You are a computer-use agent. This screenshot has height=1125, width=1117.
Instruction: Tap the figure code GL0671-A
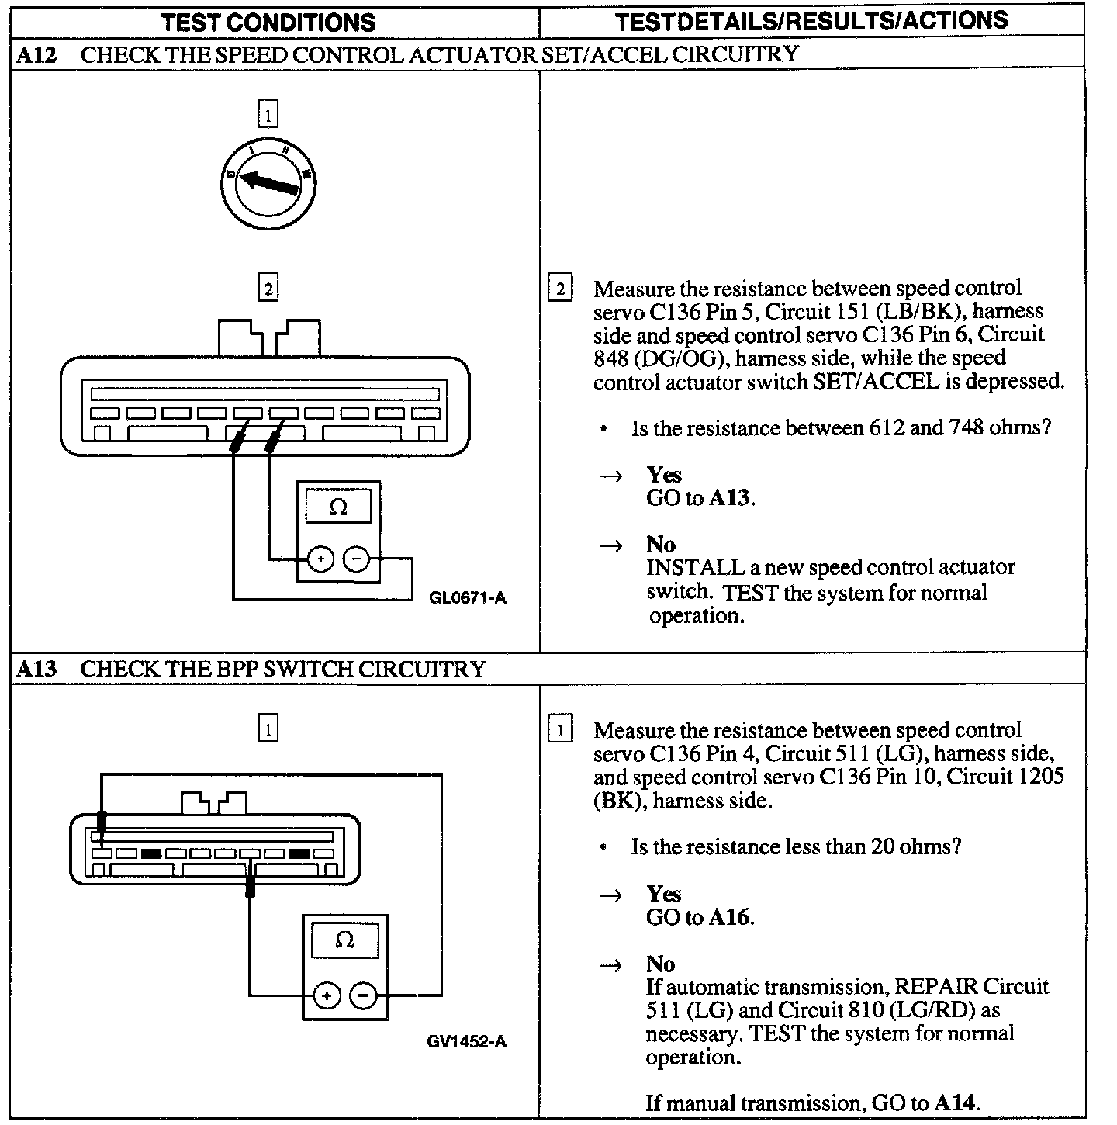(x=467, y=597)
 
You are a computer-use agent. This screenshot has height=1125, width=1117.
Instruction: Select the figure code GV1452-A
(x=466, y=1041)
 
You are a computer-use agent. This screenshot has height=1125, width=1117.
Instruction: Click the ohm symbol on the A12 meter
(x=338, y=507)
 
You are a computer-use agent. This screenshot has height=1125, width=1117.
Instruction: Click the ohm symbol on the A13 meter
(x=344, y=940)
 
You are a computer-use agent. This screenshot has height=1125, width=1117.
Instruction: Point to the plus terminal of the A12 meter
(x=320, y=559)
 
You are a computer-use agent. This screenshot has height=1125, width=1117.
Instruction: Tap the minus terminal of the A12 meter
(x=356, y=559)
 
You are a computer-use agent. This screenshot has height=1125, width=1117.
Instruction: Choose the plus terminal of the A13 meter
(x=327, y=995)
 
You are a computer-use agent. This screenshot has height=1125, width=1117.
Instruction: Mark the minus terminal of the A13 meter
(x=363, y=995)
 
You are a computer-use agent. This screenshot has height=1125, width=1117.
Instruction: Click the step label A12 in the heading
(x=36, y=54)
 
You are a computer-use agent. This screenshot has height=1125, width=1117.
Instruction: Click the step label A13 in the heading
(x=36, y=669)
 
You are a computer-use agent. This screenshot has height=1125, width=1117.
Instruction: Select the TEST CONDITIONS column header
(x=268, y=22)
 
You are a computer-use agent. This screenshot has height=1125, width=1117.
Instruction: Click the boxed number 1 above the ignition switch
(x=268, y=116)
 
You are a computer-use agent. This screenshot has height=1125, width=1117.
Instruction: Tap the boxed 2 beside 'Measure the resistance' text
(x=560, y=289)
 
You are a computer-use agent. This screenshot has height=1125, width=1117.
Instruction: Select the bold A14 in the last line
(x=955, y=1102)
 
